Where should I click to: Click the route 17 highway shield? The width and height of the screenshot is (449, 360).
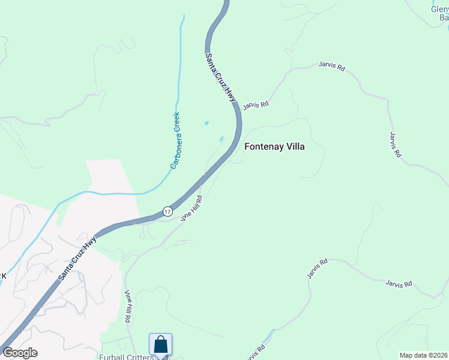point(167,211)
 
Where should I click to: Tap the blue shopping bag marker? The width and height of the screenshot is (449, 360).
point(160,345)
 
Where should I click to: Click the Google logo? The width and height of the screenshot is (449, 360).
point(20,353)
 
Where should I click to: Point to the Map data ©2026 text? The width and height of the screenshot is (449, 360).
point(423,355)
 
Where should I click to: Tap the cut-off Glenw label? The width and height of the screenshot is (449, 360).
point(439,9)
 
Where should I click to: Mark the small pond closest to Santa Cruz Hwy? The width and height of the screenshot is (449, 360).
point(221,139)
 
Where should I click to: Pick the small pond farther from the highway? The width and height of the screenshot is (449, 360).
point(206,123)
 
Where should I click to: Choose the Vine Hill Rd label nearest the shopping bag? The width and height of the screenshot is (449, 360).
point(128,307)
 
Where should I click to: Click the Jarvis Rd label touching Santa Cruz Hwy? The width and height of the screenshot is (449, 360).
point(255,105)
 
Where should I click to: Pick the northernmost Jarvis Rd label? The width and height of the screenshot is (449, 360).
point(332,68)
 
